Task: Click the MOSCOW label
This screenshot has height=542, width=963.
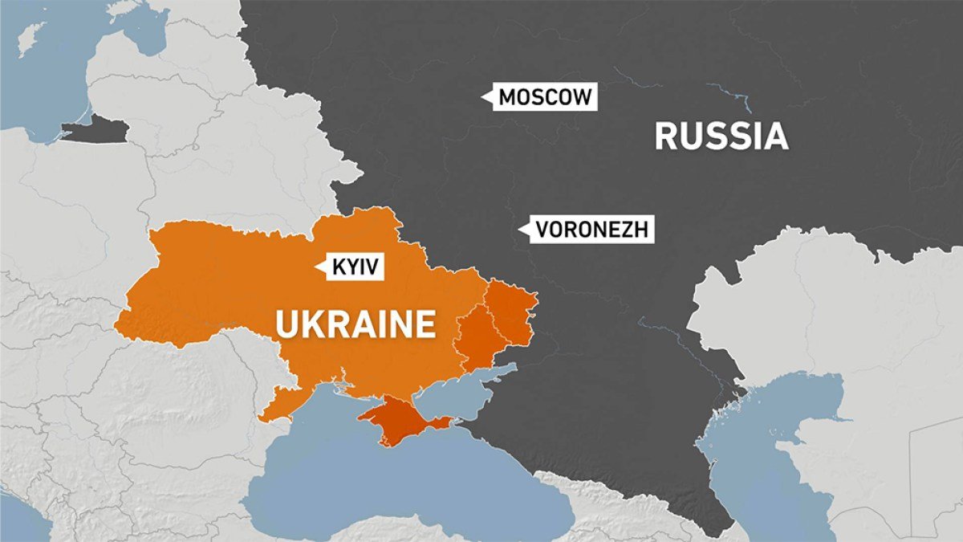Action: [544, 98]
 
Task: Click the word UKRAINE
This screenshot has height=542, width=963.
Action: [356, 325]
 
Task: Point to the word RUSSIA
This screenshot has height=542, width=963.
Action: [721, 137]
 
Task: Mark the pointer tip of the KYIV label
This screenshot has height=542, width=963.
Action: [319, 267]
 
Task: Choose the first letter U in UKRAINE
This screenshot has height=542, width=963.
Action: [288, 325]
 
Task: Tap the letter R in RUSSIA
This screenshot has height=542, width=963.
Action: [667, 137]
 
